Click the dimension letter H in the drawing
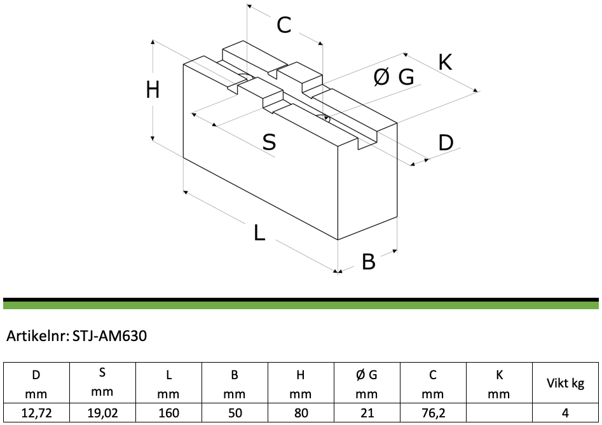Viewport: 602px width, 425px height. point(153,91)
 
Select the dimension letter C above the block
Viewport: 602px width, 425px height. point(284,25)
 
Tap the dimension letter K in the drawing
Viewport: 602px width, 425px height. point(446,62)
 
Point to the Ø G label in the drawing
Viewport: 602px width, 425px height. point(394,77)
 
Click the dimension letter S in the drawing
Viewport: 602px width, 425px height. point(269,142)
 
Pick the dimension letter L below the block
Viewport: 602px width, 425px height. point(259,232)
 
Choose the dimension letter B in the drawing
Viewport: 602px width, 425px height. point(369,261)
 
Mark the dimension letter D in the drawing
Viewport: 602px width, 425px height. point(446,142)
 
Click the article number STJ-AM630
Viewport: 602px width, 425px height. point(109,336)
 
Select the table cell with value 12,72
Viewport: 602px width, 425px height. point(36,413)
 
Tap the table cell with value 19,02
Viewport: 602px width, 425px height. point(102,413)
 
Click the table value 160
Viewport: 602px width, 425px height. point(168,413)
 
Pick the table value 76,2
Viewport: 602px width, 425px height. point(433,413)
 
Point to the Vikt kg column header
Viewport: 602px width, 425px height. point(566,383)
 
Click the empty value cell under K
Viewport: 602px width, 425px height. point(499,413)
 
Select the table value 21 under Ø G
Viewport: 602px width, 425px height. point(367,413)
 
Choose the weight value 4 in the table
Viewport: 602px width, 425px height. point(565,413)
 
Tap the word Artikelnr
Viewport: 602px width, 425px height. point(38,336)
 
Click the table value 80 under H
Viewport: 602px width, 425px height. point(301,413)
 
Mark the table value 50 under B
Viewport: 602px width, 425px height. point(235,413)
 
